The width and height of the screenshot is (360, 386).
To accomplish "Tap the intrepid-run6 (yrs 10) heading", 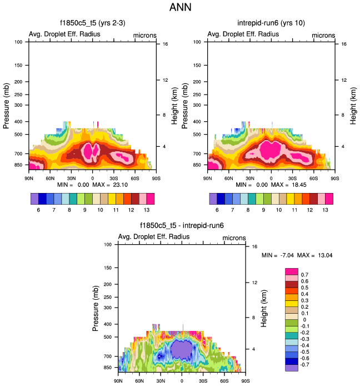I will tap(271, 23).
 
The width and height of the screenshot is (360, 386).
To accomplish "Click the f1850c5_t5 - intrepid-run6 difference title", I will tap(182, 226).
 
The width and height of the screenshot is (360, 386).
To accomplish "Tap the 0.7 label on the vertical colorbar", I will tap(304, 275).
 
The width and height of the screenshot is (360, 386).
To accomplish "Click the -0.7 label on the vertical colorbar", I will tap(305, 364).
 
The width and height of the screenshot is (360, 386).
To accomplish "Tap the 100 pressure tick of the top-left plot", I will tap(18, 42).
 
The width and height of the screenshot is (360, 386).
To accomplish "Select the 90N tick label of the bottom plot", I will tap(118, 381).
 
